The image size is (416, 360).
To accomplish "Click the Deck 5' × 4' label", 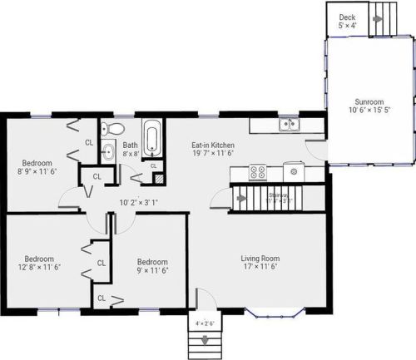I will (x=346, y=22).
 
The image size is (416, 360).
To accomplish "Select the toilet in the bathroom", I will (x=115, y=129).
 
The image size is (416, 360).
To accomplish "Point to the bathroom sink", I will (x=108, y=152).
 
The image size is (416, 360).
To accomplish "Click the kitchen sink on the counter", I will (x=288, y=125).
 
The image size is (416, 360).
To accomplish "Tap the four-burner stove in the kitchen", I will (x=257, y=173).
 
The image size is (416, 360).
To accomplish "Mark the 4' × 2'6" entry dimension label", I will (x=204, y=323).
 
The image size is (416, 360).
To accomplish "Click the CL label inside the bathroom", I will (x=153, y=165).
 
